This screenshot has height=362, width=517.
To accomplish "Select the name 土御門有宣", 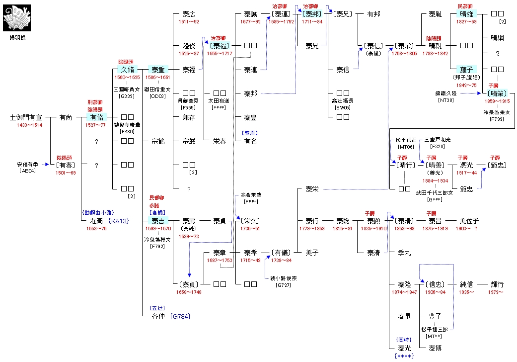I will point(26,117).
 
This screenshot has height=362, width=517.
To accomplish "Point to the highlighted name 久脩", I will point(127,70).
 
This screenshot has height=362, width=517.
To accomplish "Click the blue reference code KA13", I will point(119,220).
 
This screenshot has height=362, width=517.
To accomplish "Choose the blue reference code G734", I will point(180,316).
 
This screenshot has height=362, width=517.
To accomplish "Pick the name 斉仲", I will point(158,316).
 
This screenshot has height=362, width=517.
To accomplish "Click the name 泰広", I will point(189,14).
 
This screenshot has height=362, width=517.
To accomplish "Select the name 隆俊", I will point(189,46).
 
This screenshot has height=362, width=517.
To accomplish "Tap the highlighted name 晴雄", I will point(467,14).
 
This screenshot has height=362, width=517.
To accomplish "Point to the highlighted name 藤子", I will point(467,70).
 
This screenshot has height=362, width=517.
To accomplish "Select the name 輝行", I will point(497,284).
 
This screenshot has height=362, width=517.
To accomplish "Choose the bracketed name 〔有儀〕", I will point(281,253).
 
